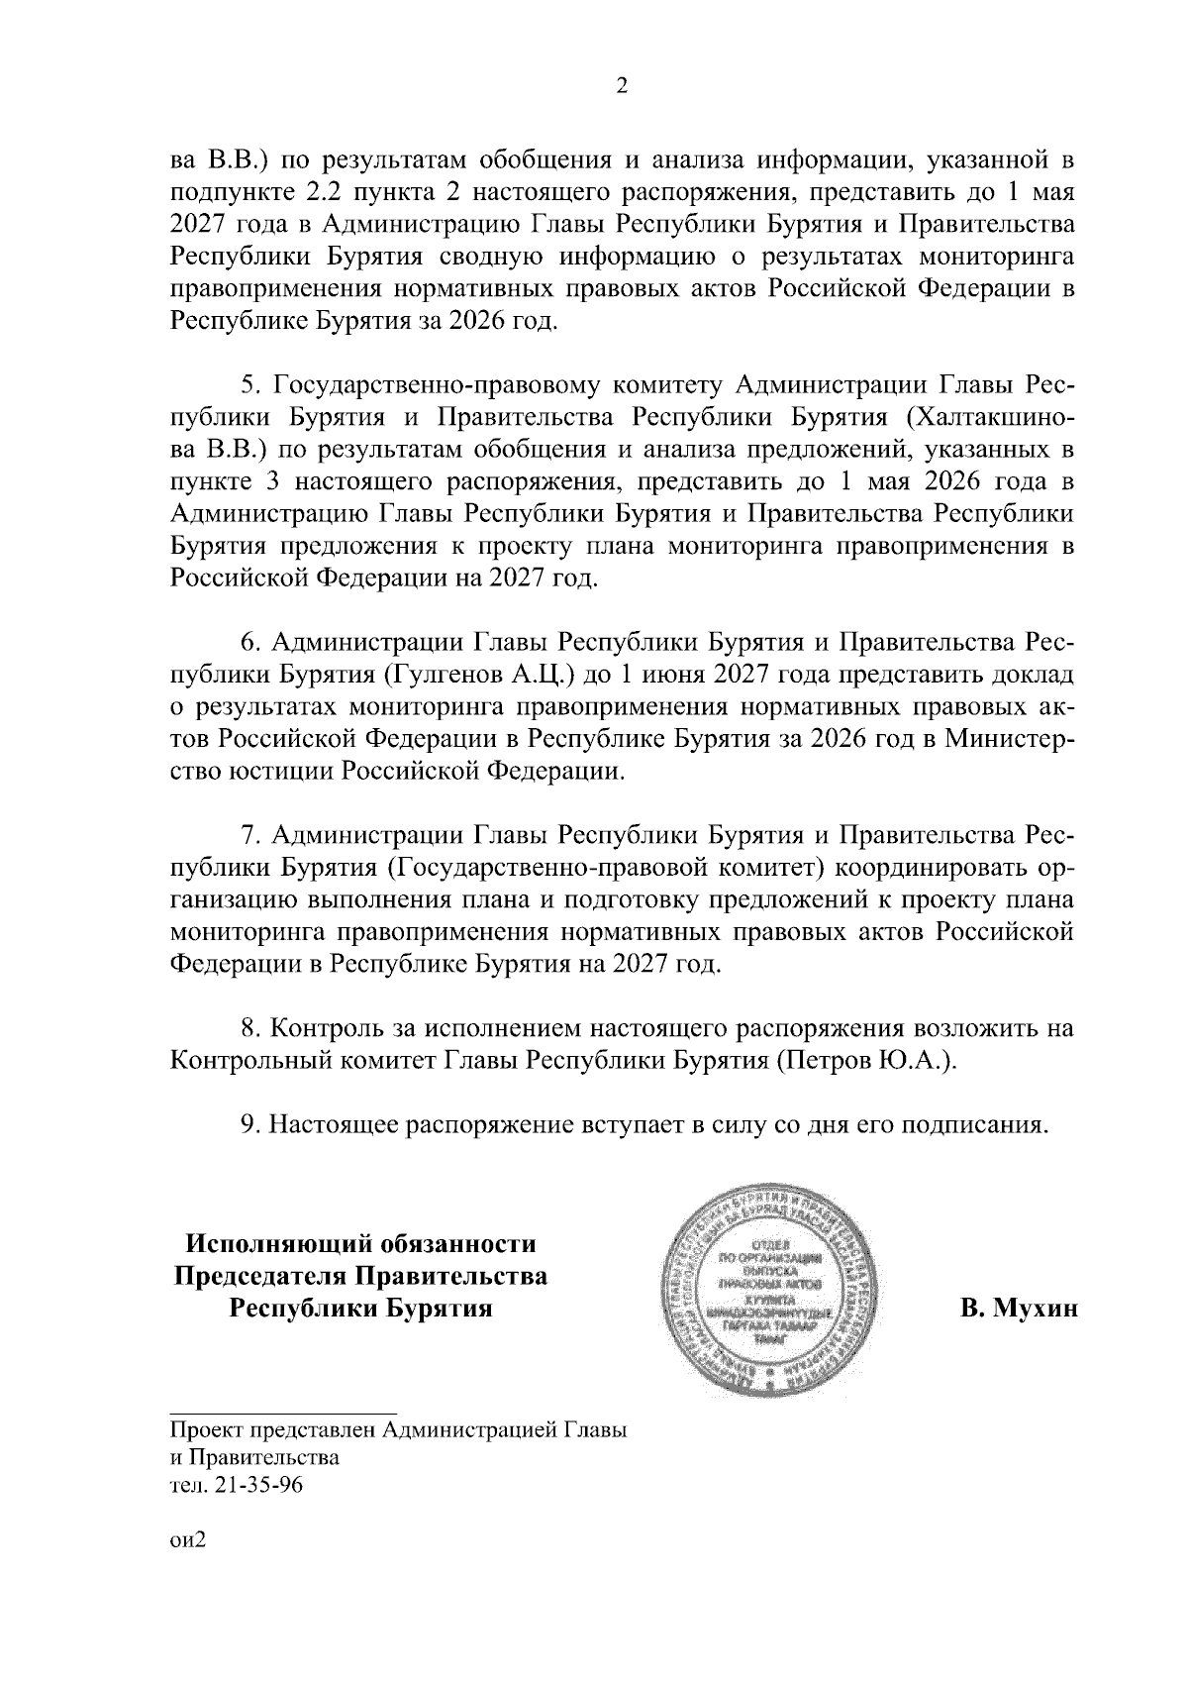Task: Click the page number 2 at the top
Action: pyautogui.click(x=622, y=86)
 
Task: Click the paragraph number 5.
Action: pyautogui.click(x=248, y=383)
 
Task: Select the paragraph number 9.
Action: pyautogui.click(x=248, y=1125)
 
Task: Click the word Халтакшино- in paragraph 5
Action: pyautogui.click(x=990, y=416)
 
